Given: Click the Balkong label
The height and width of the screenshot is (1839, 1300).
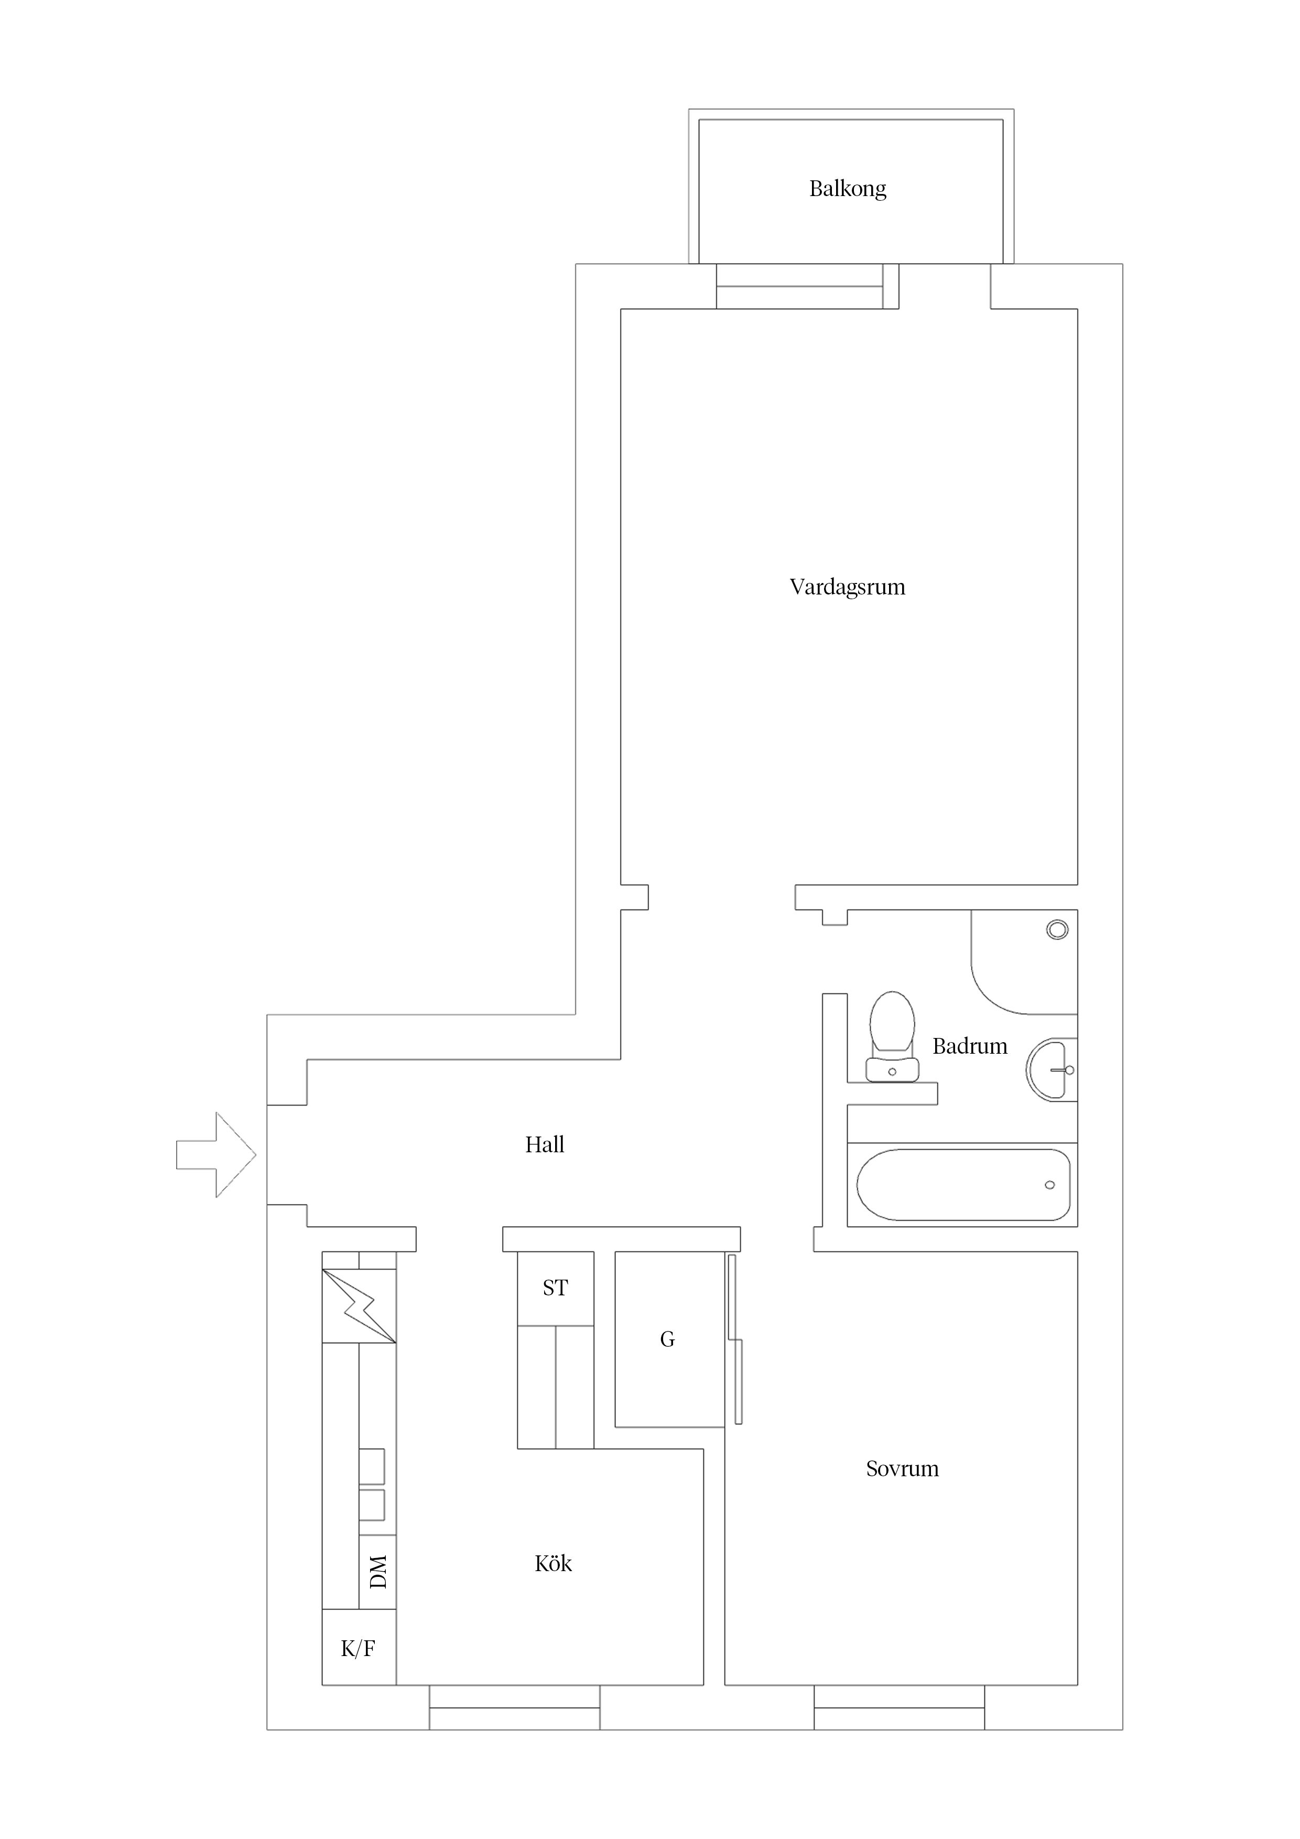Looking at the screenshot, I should [848, 189].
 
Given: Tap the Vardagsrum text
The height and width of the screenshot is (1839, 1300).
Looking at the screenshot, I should [848, 587].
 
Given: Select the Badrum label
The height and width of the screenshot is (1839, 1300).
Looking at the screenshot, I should [969, 1046].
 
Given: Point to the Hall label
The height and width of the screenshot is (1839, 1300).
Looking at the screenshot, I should [545, 1144].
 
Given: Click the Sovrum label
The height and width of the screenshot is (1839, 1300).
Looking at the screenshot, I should [902, 1469].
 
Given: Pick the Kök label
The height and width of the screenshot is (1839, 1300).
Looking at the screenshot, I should [552, 1563].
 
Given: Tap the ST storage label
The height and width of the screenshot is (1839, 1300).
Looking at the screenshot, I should [555, 1288].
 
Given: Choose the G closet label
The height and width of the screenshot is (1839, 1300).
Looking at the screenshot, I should [667, 1339].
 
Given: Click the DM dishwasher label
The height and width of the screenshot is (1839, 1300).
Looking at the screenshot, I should [378, 1572].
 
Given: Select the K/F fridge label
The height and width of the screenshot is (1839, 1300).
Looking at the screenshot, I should [358, 1648].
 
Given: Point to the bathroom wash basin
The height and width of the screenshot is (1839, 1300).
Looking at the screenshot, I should [1052, 1069].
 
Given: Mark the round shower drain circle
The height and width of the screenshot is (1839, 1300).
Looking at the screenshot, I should [1057, 930].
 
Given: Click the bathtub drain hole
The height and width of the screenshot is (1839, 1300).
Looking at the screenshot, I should [1050, 1185].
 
